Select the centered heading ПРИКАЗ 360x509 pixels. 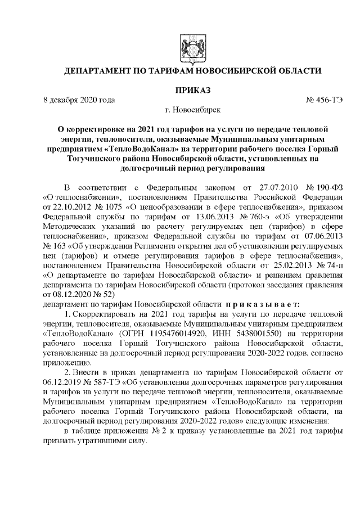pyautogui.click(x=193, y=90)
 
